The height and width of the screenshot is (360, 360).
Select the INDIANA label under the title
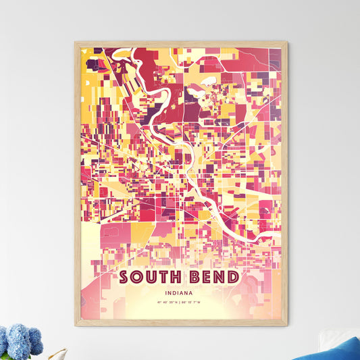(181, 294)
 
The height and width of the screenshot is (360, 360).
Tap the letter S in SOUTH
(125, 278)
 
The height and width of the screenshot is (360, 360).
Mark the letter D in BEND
(233, 278)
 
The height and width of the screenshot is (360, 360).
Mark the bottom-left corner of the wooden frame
(76, 325)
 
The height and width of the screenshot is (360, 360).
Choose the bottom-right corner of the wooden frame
(286, 325)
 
